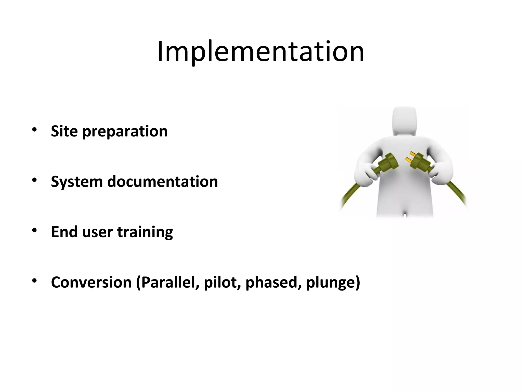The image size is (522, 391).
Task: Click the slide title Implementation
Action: tap(260, 52)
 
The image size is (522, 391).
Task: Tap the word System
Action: tap(76, 182)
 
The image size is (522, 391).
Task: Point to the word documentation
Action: tap(163, 181)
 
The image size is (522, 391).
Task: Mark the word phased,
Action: tap(273, 282)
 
